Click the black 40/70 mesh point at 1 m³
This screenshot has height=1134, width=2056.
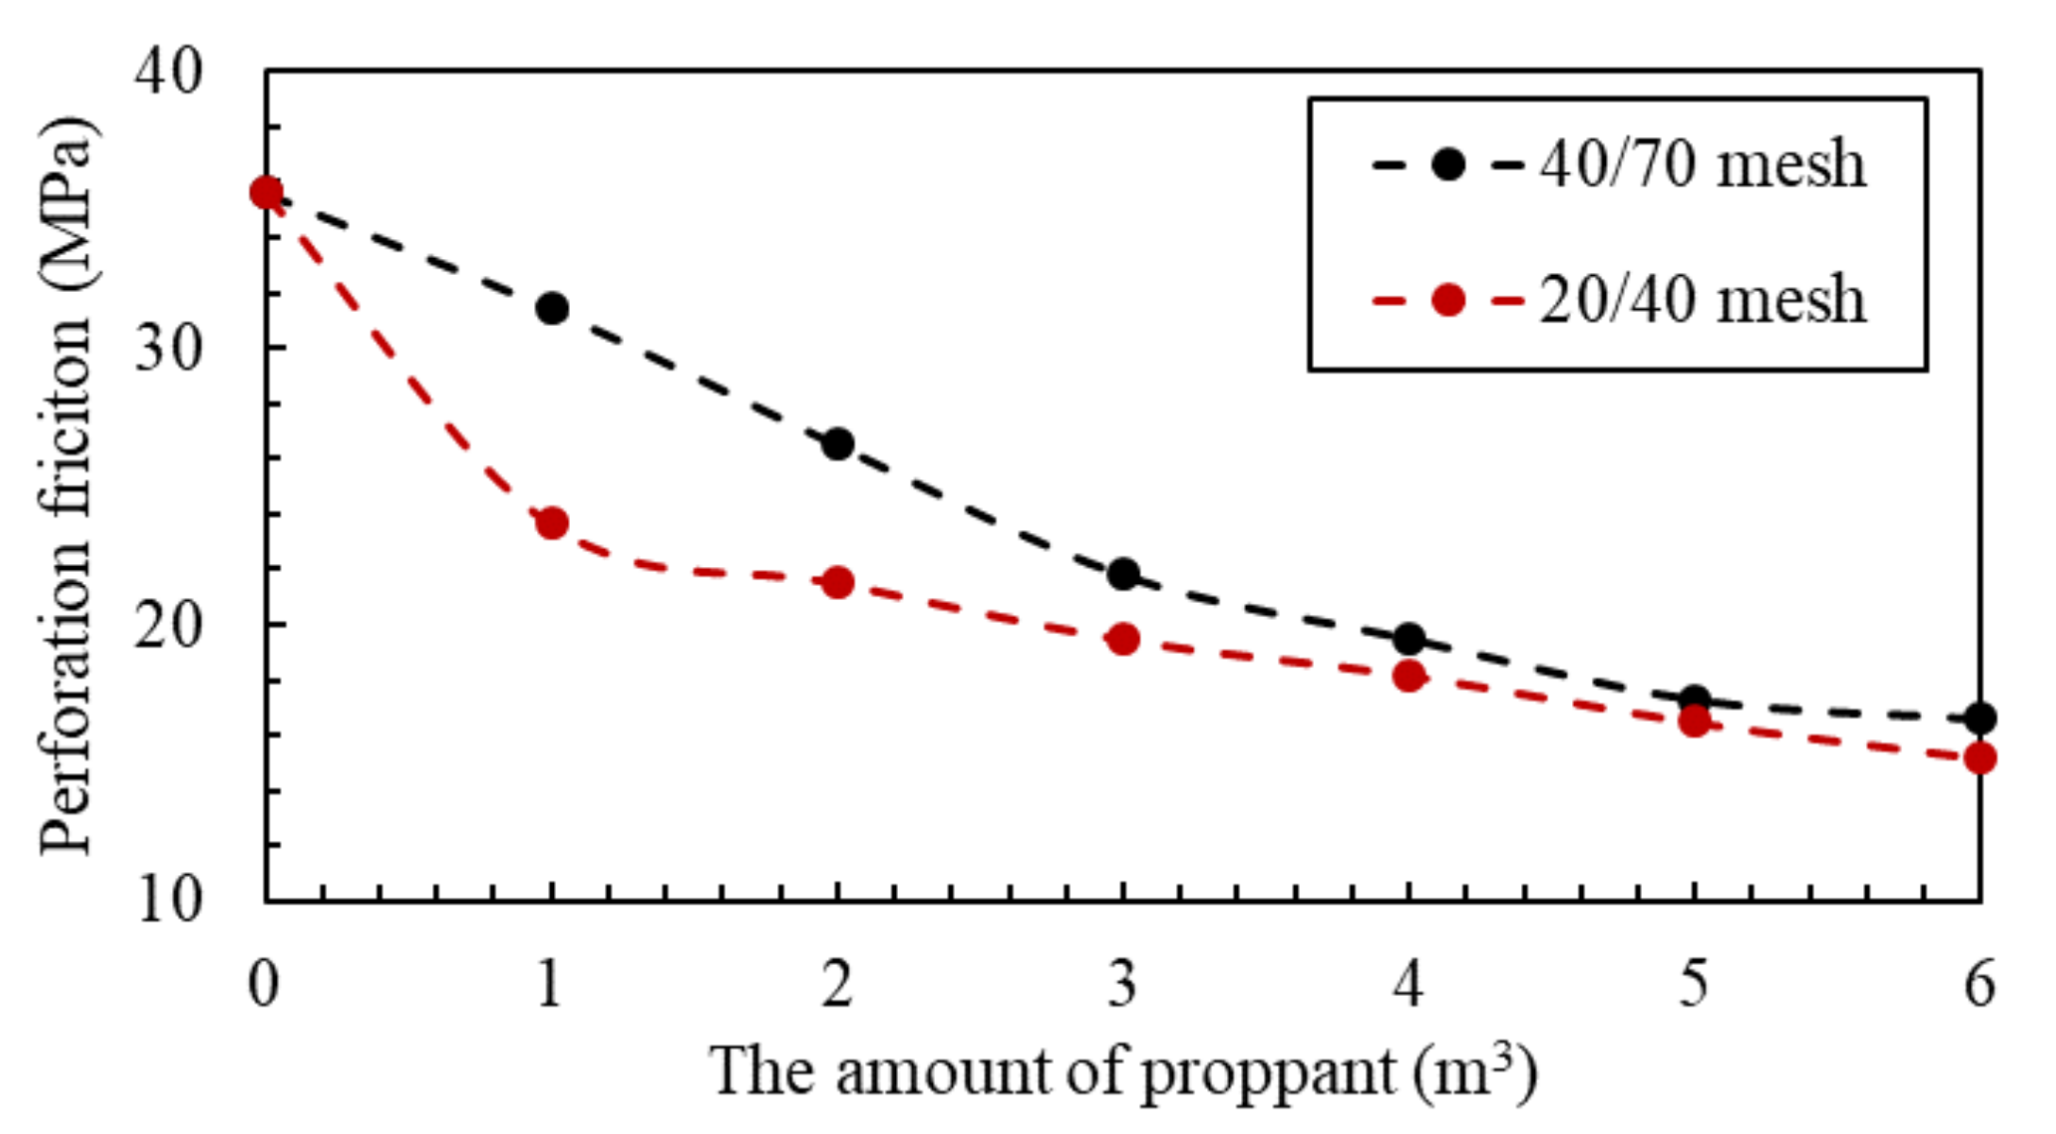point(552,308)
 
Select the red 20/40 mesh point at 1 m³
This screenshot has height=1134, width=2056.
point(552,523)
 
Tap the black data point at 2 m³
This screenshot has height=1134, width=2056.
point(838,444)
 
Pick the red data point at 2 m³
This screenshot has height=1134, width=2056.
point(838,583)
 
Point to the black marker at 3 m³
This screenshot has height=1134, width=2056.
point(1123,574)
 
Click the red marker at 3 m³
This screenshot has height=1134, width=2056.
point(1123,640)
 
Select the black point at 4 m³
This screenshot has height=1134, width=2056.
point(1408,639)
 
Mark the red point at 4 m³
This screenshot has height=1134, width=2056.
point(1408,676)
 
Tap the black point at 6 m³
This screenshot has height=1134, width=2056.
point(1979,718)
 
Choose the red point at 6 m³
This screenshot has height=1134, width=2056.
point(1979,758)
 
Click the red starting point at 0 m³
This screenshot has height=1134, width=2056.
point(267,193)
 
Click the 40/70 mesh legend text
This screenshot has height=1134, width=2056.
point(1702,164)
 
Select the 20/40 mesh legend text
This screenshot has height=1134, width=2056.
point(1702,301)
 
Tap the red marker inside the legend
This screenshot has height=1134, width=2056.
point(1448,301)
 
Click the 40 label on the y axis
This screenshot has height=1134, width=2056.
point(168,72)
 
